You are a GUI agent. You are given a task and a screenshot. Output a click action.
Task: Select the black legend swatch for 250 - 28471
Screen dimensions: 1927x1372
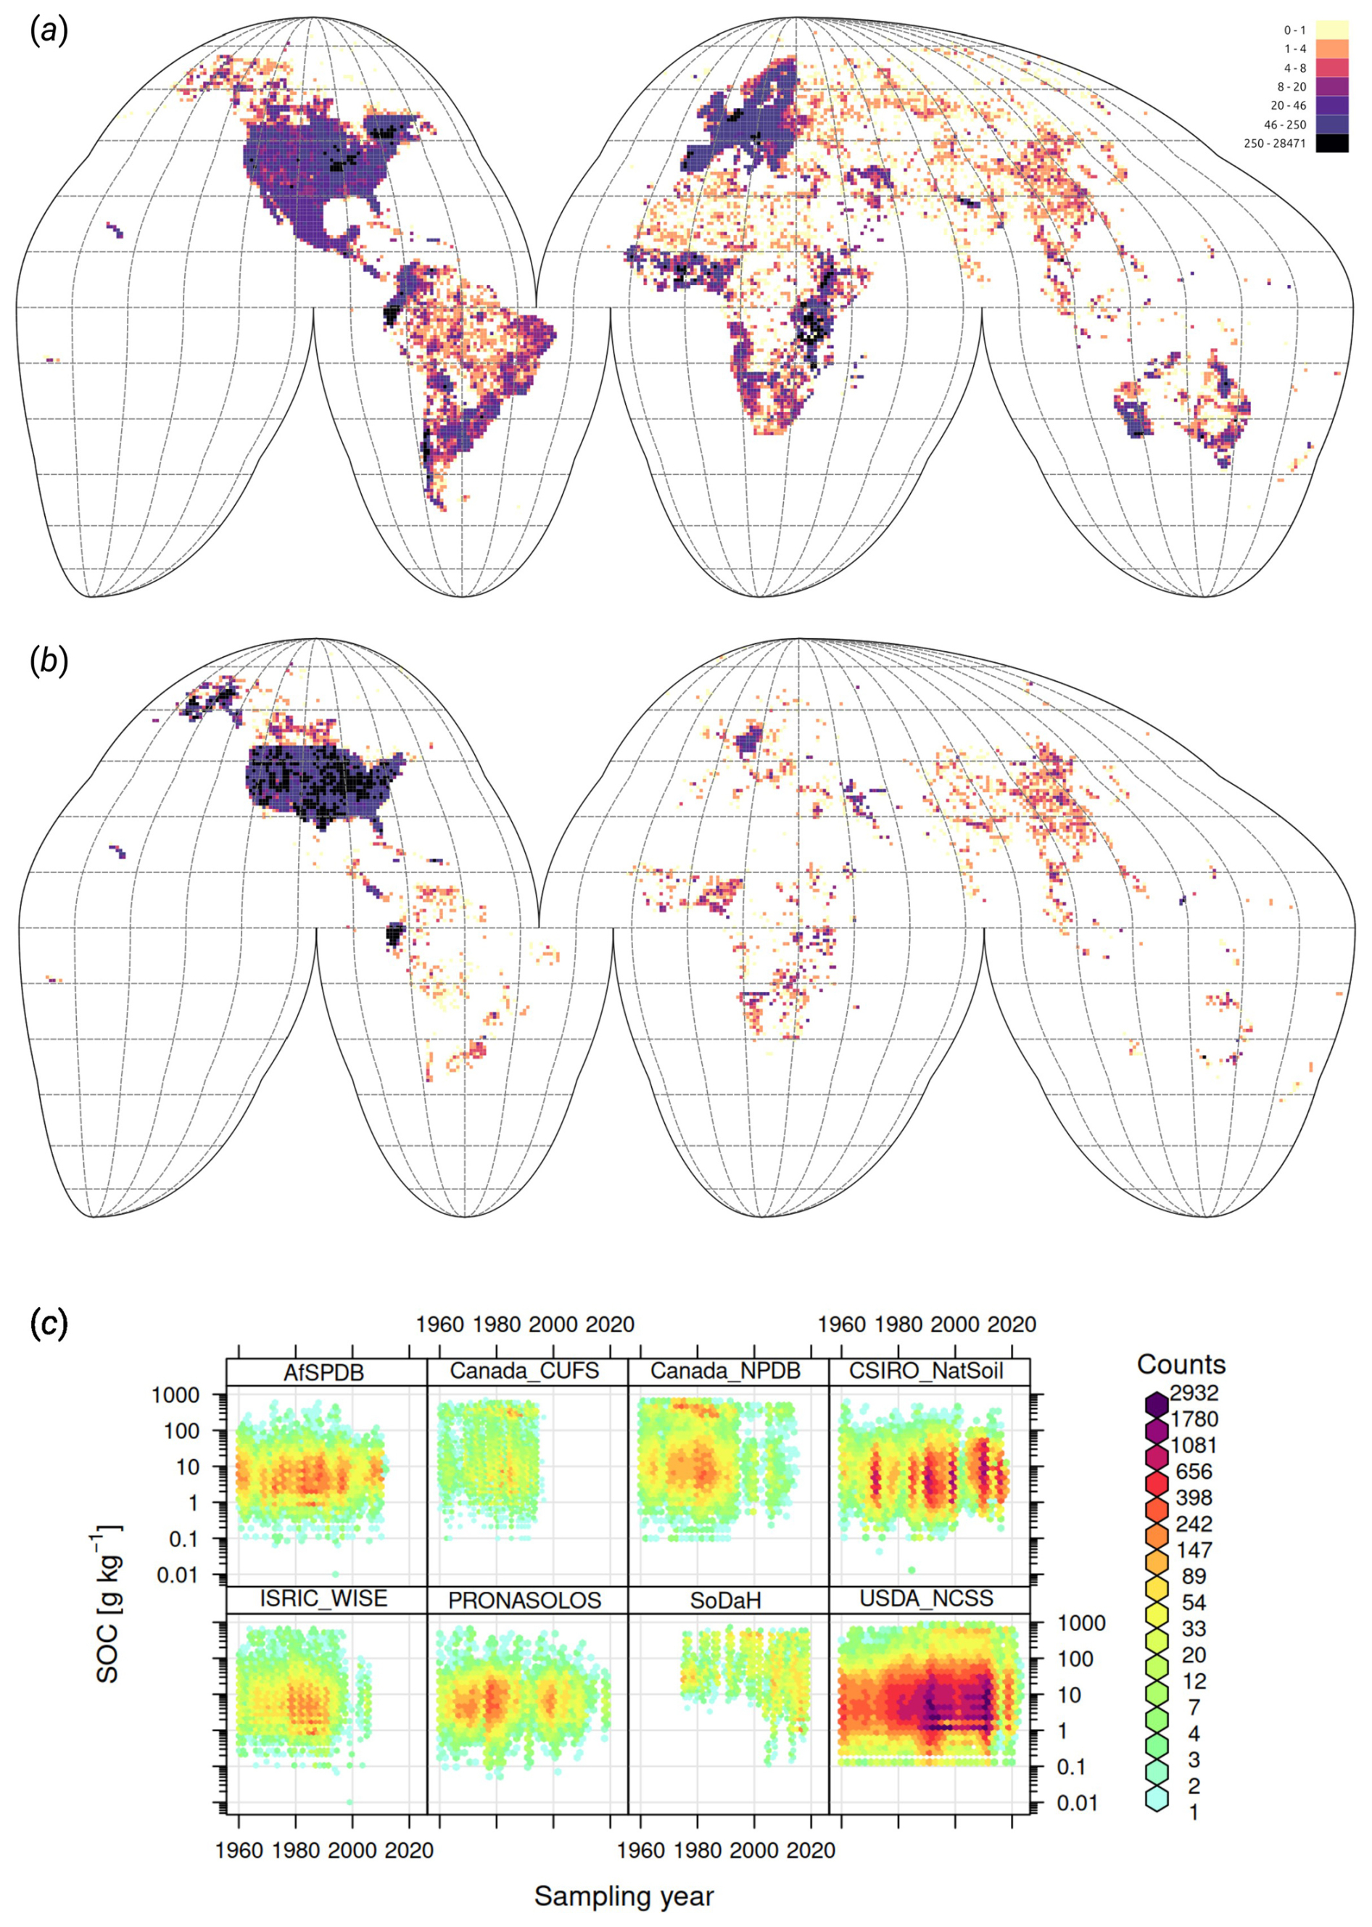1331,144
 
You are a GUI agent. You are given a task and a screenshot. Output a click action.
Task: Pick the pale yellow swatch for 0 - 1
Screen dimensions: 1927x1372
1331,30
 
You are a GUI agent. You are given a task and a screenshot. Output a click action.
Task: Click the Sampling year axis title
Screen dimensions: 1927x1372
624,1897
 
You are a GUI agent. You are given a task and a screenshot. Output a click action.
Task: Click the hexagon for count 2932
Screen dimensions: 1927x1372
1157,1404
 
